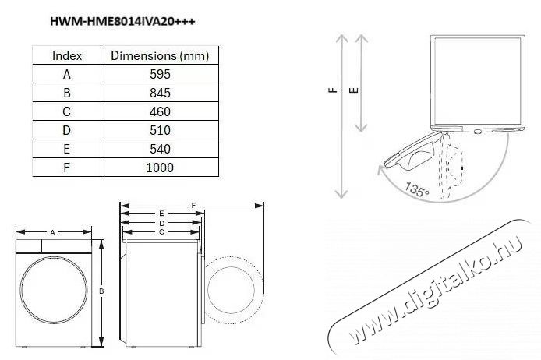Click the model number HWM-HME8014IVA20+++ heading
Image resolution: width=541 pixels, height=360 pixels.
click(x=122, y=21)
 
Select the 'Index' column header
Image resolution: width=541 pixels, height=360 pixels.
click(x=67, y=55)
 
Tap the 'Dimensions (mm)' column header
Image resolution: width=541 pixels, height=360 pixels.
click(x=160, y=55)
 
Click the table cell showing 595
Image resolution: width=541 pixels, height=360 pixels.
click(x=160, y=74)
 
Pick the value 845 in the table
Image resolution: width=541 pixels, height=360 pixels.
click(x=160, y=93)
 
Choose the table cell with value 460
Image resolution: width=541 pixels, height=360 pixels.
click(x=160, y=111)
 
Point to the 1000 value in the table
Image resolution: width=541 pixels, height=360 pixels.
click(x=160, y=168)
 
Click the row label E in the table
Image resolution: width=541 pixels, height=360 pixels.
click(x=66, y=149)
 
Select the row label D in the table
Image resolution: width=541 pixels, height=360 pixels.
click(x=66, y=130)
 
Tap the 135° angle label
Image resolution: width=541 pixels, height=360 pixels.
click(x=417, y=189)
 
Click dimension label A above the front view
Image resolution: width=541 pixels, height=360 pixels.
click(x=53, y=233)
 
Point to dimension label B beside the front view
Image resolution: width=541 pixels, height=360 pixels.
click(x=101, y=291)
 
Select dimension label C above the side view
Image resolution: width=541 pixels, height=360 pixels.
click(x=161, y=232)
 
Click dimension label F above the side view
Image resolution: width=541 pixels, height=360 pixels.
click(x=193, y=206)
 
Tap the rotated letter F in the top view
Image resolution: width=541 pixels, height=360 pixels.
click(x=333, y=90)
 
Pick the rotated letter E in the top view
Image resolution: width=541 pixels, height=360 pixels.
click(x=354, y=90)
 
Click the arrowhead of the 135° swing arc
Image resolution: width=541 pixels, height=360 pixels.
click(x=381, y=170)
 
